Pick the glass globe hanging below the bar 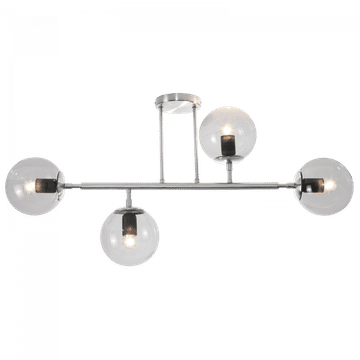131,241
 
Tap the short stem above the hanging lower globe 131,200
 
